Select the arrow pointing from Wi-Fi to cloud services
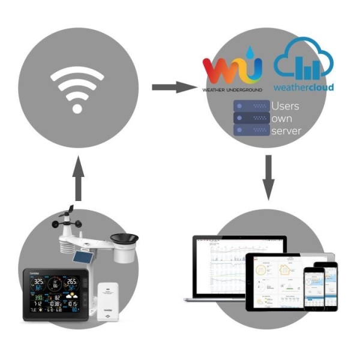click(175, 88)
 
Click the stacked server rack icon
click(250, 118)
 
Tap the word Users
click(285, 106)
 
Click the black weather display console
click(56, 294)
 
